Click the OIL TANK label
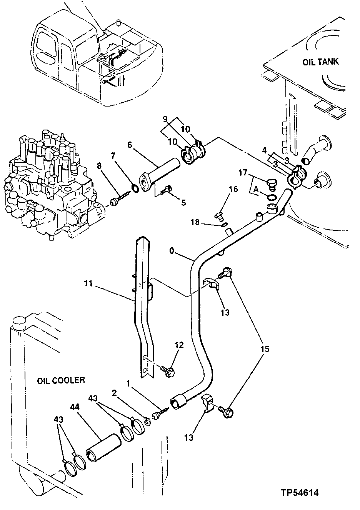[x=321, y=62]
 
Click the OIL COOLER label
[x=61, y=380]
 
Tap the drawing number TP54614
[x=299, y=493]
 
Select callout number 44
[x=75, y=407]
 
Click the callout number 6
[x=129, y=145]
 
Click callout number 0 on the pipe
[x=171, y=251]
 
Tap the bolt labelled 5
[x=168, y=189]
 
